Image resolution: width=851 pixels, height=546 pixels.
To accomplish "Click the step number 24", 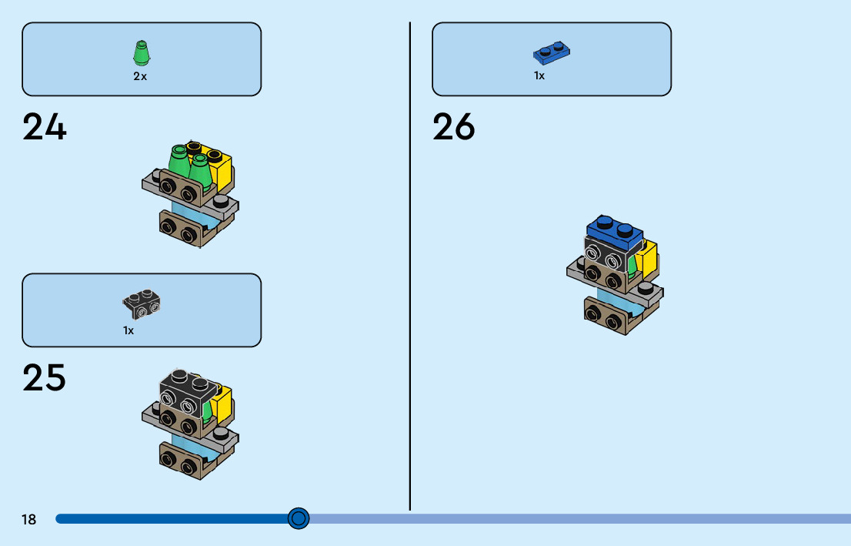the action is [45, 127].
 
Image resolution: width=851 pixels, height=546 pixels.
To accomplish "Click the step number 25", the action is [45, 377].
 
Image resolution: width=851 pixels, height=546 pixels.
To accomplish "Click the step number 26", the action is [454, 127].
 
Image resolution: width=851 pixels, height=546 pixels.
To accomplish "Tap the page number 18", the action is [28, 520].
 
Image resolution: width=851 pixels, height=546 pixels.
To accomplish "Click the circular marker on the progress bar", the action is [299, 518].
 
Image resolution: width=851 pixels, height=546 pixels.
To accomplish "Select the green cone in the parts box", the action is [140, 53].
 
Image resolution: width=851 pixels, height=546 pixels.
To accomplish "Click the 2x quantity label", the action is [140, 76].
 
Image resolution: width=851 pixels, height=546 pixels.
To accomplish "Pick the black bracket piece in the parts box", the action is [142, 304].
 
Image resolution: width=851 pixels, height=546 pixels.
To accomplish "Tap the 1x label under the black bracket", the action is [128, 330].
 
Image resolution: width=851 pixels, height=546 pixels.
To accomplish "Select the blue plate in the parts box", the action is [551, 52].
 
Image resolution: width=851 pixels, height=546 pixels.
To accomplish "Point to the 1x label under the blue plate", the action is [539, 75].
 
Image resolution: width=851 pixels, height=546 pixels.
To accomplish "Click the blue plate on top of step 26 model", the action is [614, 231].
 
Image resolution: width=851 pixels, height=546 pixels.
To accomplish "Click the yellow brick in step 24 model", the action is [222, 169].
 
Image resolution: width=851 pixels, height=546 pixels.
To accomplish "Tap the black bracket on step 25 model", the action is [185, 395].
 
